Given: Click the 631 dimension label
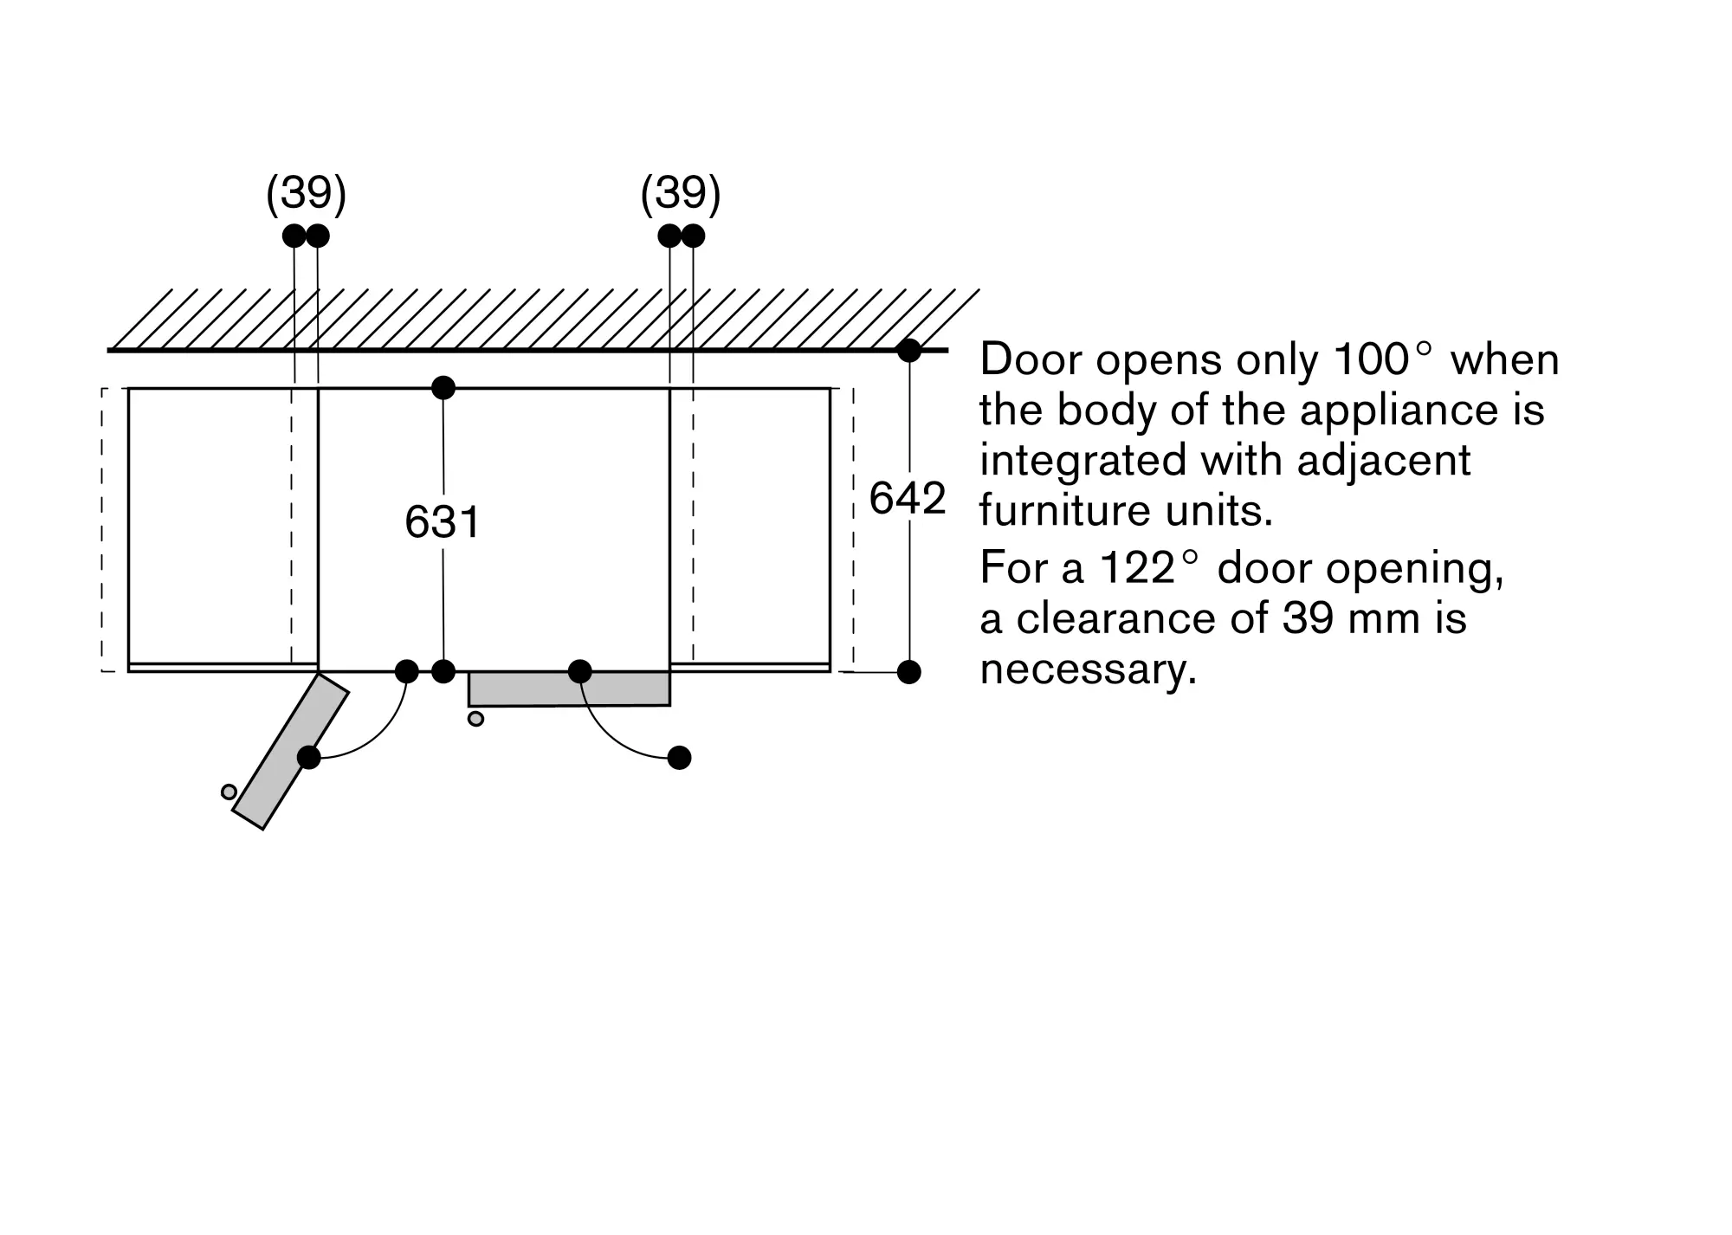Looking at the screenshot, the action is point(443,522).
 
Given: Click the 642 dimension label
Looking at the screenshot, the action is point(907,498).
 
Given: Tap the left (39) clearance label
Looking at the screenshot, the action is point(306,193).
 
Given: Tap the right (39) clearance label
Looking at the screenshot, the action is point(680,193).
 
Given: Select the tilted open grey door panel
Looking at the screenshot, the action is point(291,751).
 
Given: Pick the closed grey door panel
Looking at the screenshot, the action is point(569,689).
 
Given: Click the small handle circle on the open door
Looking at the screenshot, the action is point(229,792).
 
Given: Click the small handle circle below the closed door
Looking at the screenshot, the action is point(475,718).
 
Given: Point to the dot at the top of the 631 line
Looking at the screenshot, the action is point(443,387).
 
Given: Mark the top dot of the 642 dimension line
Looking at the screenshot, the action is point(908,351).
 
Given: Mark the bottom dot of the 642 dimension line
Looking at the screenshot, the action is point(908,671).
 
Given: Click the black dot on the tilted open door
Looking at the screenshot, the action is point(309,757).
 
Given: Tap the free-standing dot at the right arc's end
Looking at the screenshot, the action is point(680,758).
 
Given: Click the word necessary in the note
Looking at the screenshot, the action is point(1089,669).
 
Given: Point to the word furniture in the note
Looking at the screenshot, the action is point(1065,510).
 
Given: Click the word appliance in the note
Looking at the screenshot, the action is point(1400,410).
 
